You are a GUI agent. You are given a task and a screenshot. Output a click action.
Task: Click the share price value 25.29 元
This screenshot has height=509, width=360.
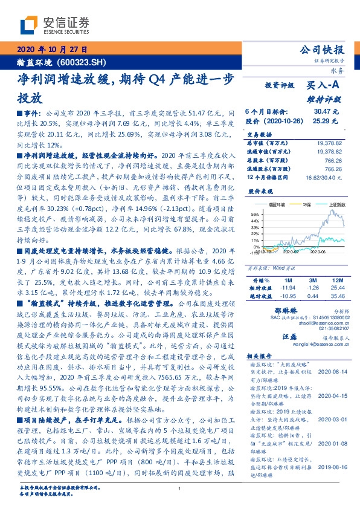click(x=326, y=121)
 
